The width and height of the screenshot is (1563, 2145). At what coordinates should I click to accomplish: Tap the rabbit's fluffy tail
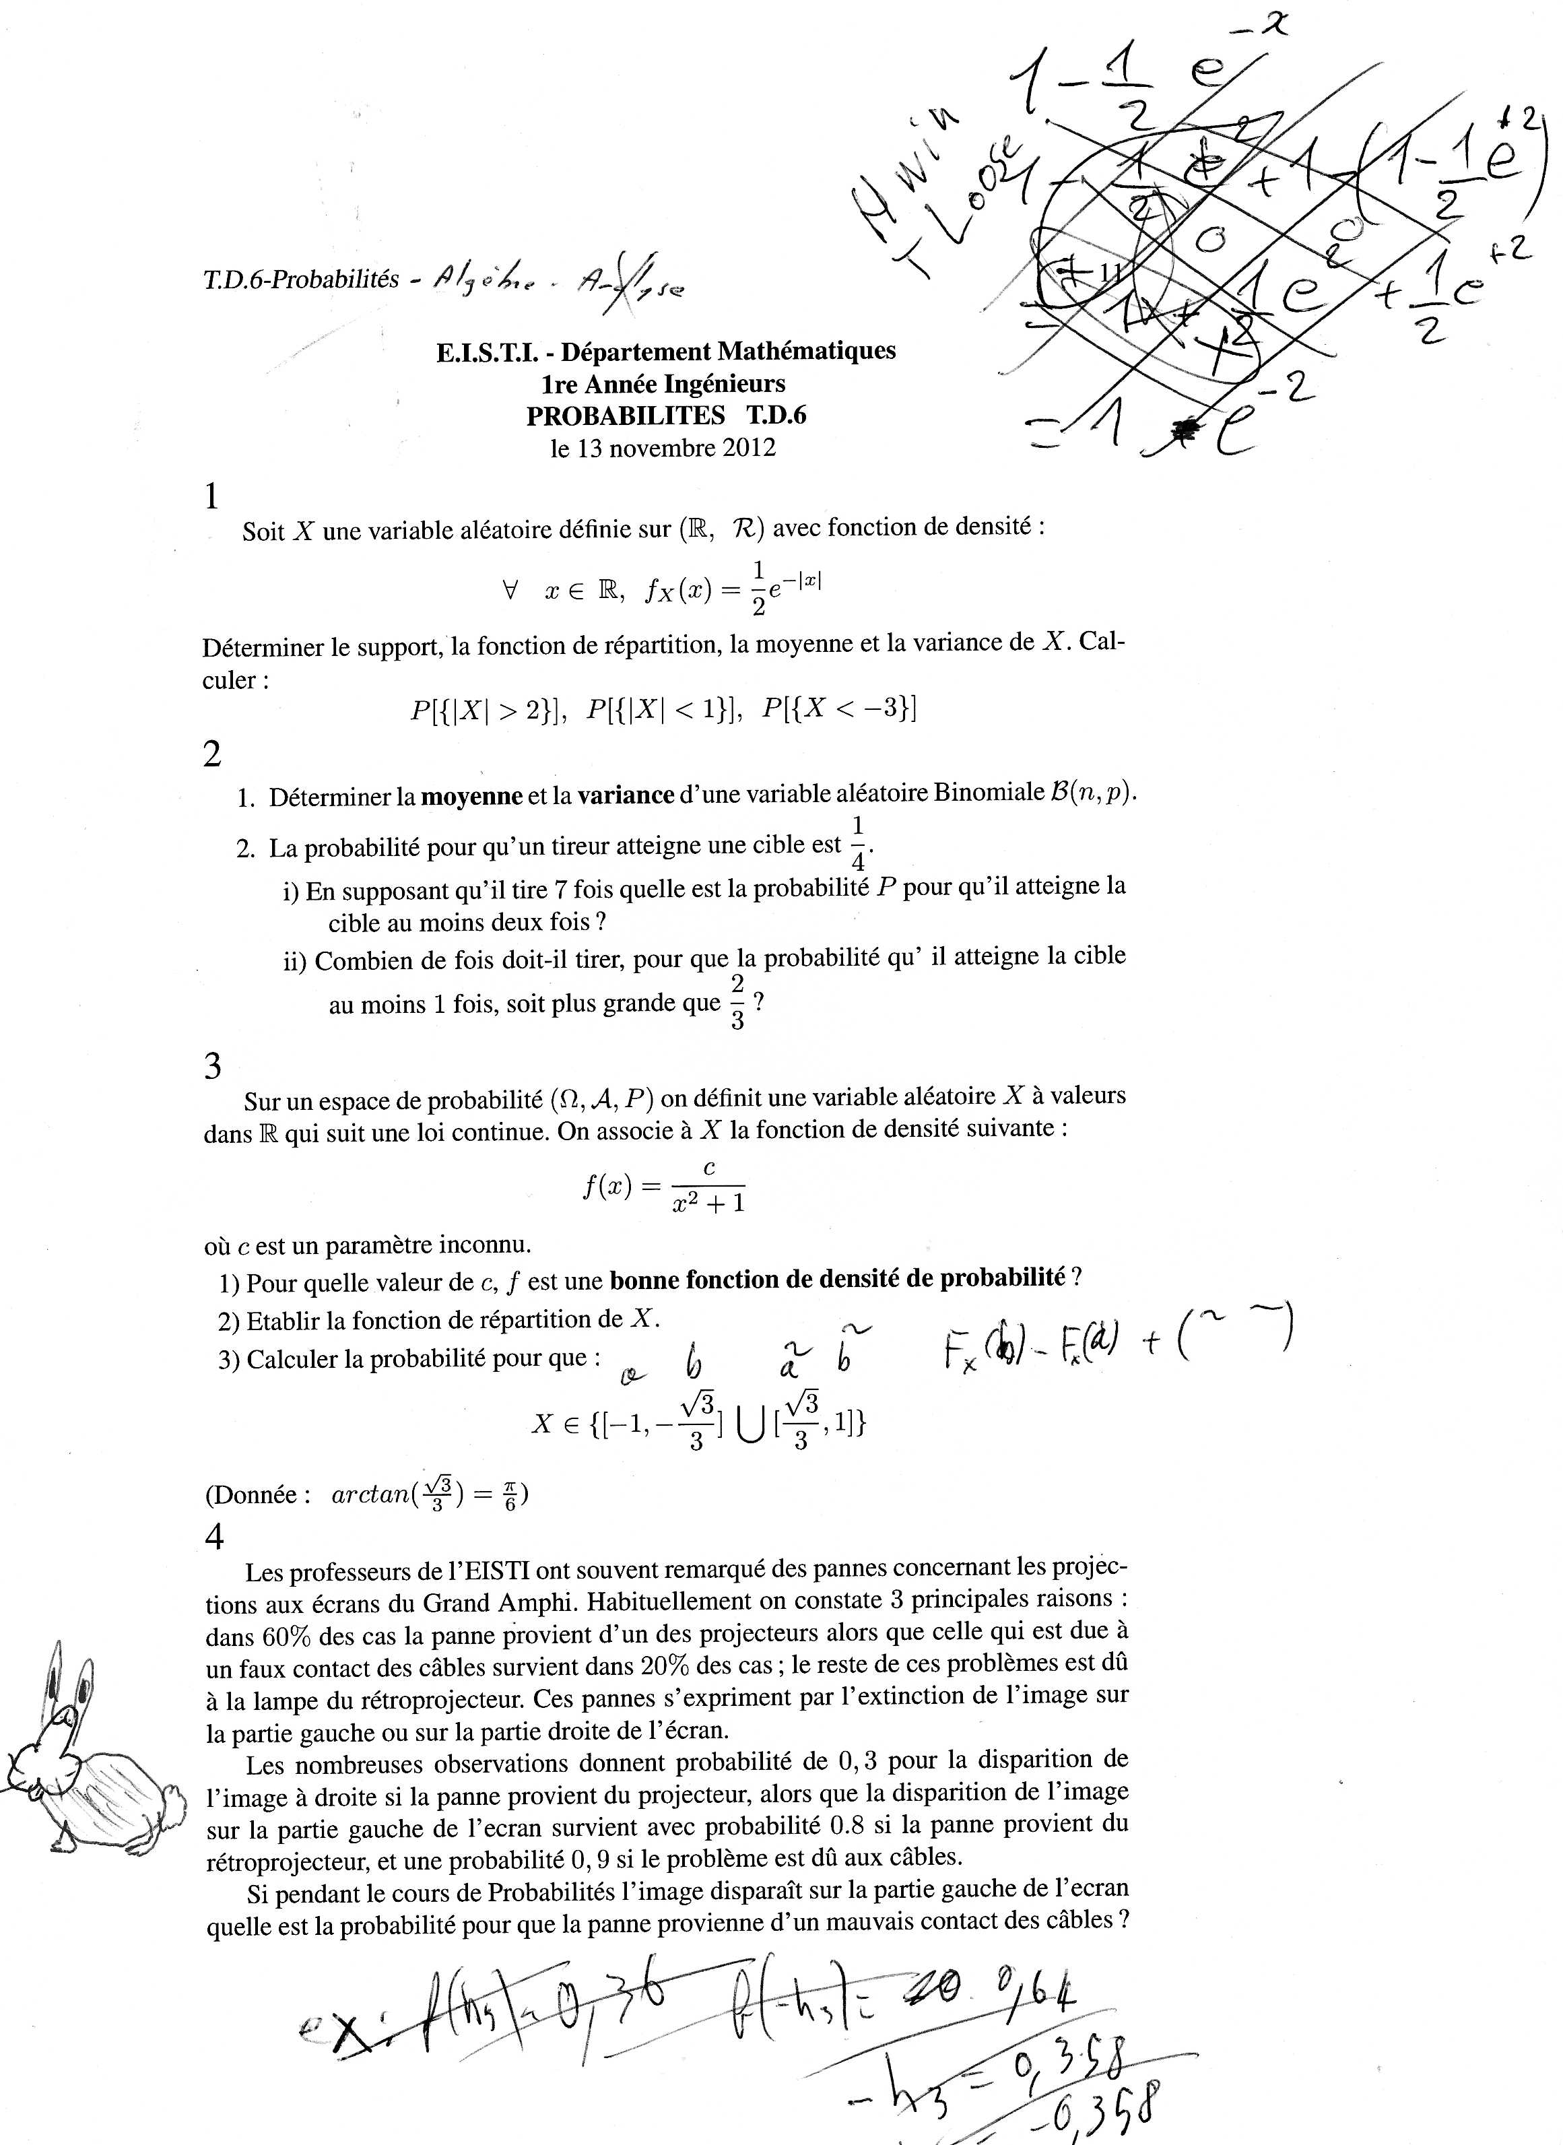click(172, 1804)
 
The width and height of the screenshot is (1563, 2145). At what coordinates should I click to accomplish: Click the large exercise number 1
click(211, 495)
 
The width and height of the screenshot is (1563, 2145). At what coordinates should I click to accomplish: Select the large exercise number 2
click(212, 754)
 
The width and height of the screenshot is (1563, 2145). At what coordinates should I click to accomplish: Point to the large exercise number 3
click(212, 1066)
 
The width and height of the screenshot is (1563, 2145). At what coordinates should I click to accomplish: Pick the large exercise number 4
click(214, 1537)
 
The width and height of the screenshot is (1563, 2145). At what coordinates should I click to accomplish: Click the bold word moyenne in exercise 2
click(471, 796)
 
